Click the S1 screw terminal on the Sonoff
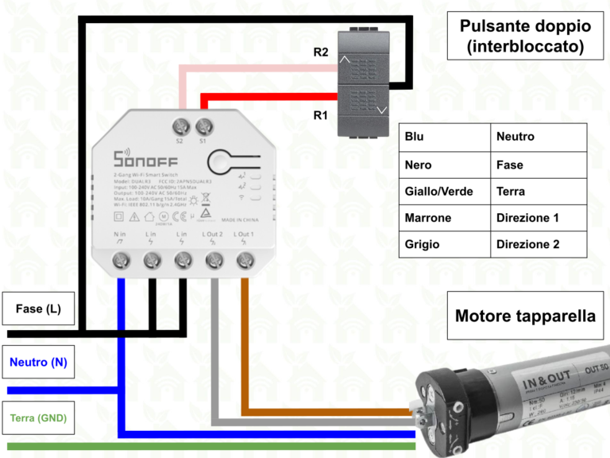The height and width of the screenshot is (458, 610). [x=204, y=126]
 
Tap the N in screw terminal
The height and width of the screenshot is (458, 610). [x=121, y=259]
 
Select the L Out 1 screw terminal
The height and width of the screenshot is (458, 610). [x=245, y=259]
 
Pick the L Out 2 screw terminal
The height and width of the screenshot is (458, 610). [x=214, y=259]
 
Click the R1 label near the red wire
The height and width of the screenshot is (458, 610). [x=320, y=115]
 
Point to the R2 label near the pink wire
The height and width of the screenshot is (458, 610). [x=320, y=52]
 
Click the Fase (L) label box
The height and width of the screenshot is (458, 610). [x=38, y=309]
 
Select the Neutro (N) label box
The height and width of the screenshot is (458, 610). [x=38, y=363]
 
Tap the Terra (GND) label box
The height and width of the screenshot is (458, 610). [x=38, y=417]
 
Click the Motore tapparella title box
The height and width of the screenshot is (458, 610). [x=525, y=316]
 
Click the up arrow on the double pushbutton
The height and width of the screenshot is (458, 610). [x=344, y=58]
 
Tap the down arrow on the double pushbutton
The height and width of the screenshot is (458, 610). [x=383, y=111]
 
